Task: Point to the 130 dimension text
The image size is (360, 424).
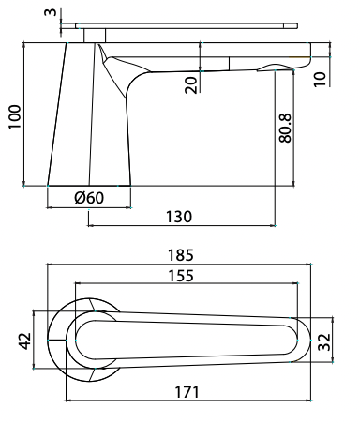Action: tap(178, 216)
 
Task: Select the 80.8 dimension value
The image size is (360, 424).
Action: tap(287, 127)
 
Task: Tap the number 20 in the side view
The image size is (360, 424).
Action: tap(192, 83)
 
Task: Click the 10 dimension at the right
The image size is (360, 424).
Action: tap(322, 79)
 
